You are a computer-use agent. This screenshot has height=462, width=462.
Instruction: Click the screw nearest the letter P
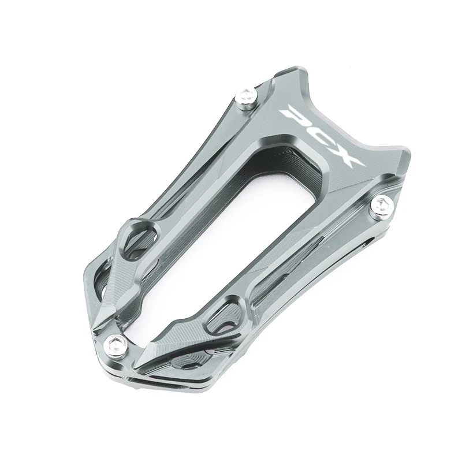tap(247, 98)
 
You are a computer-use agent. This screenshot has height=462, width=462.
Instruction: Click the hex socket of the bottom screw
tap(114, 343)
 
